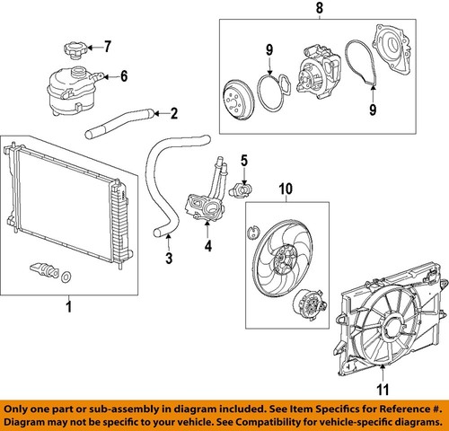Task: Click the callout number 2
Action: click(x=173, y=114)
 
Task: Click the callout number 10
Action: click(x=286, y=189)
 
